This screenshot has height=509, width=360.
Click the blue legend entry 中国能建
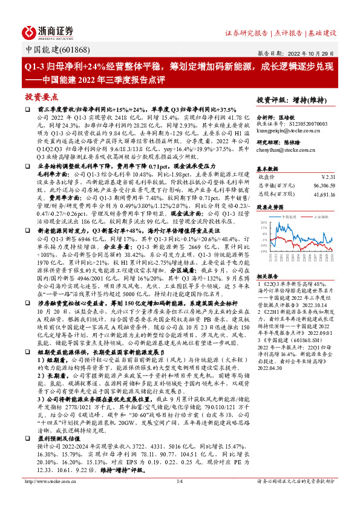pos(285,216)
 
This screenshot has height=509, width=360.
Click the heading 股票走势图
pos(269,207)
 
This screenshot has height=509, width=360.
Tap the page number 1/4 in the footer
pos(179,499)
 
